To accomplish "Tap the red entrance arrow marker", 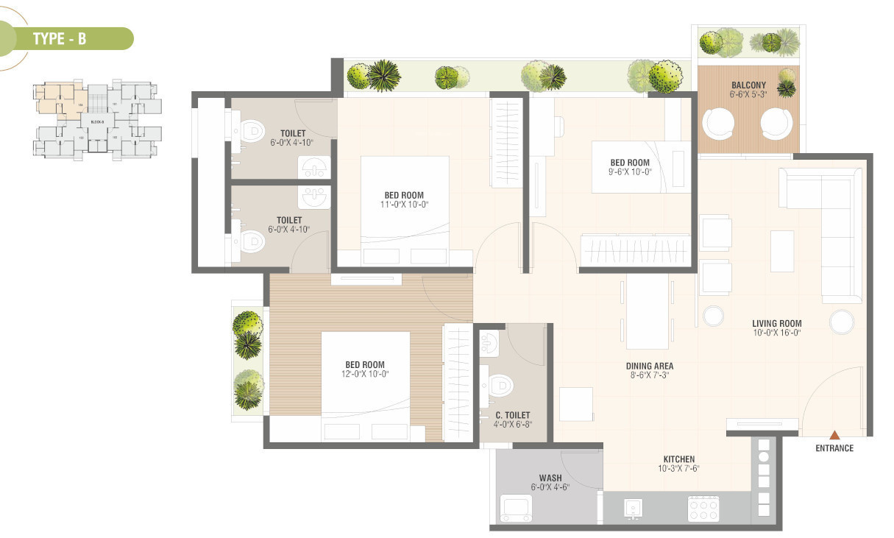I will click(834, 435).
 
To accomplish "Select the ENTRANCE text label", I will click(834, 448).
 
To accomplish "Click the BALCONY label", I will click(748, 85).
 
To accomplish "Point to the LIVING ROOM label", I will click(776, 323).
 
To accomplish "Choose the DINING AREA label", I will click(649, 366).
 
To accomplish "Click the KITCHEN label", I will click(678, 459).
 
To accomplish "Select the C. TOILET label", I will click(512, 415).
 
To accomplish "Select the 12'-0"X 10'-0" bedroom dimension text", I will click(366, 374).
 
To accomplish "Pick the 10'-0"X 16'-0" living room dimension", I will click(776, 333).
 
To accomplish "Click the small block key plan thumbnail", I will click(97, 118).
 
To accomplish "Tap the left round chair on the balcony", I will click(718, 123).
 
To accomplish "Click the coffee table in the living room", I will click(781, 250).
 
